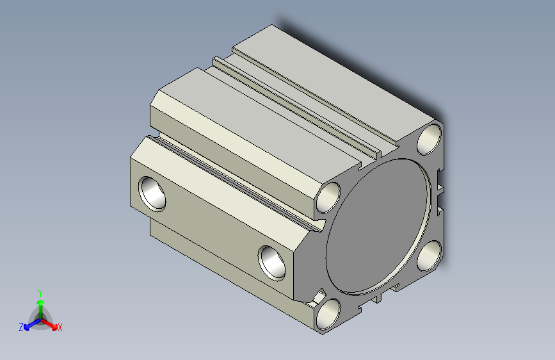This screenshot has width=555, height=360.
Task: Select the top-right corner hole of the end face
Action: tap(430, 139)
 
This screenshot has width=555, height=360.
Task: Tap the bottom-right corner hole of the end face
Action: tap(430, 256)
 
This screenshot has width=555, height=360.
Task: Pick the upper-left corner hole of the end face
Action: tap(328, 198)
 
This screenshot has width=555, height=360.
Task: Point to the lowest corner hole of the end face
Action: tap(328, 315)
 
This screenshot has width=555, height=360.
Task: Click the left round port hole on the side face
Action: tap(152, 194)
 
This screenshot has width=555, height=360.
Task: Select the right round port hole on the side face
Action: tap(272, 263)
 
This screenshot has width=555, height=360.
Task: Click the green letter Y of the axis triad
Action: tap(40, 293)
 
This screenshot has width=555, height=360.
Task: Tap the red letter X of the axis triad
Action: tap(60, 328)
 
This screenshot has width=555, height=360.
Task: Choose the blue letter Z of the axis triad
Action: tap(21, 327)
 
